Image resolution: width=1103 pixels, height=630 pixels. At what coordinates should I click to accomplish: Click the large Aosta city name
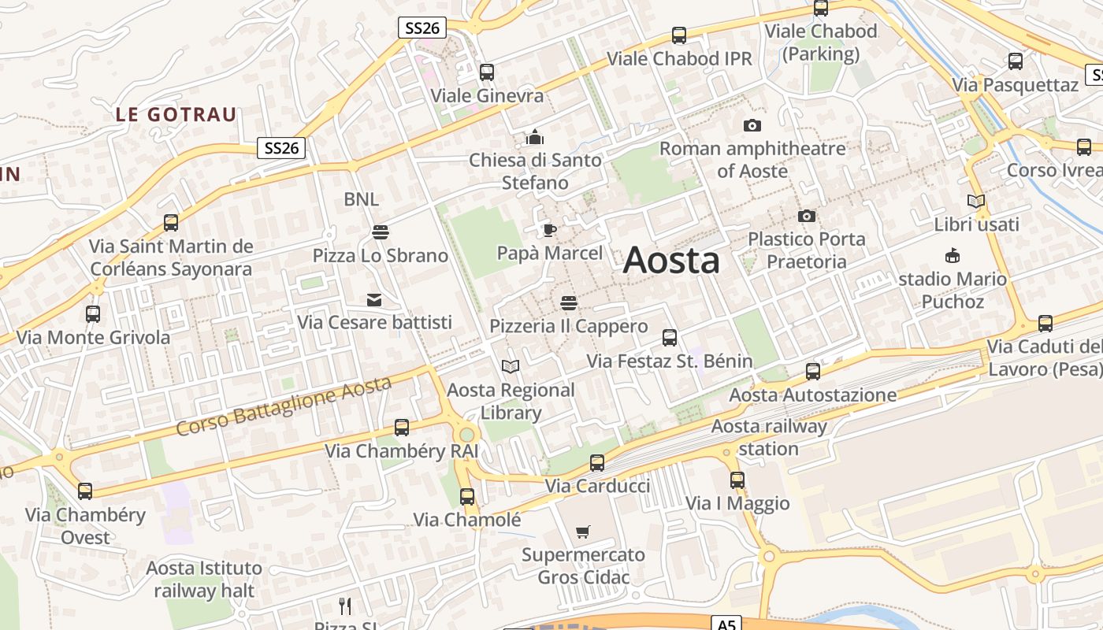pos(671,261)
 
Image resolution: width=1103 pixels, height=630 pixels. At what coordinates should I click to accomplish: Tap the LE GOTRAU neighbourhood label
pos(176,114)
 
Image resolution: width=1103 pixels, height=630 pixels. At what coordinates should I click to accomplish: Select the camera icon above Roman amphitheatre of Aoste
pos(752,125)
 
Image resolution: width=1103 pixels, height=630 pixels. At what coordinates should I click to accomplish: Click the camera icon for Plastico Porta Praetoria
pos(806,216)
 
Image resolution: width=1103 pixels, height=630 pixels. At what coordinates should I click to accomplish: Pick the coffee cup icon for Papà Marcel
pos(549,230)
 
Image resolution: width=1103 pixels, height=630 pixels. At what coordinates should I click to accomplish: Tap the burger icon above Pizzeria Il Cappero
pos(568,303)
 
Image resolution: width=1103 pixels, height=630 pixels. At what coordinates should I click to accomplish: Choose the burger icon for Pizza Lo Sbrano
pos(380,232)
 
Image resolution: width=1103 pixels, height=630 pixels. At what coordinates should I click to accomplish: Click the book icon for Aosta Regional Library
pos(511,366)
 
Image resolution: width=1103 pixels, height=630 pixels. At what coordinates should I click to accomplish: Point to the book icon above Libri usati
pos(976,202)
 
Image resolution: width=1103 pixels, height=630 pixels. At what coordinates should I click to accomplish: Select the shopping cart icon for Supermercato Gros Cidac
pos(583,532)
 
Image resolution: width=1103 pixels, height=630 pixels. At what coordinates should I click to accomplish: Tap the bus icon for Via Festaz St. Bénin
pos(670,338)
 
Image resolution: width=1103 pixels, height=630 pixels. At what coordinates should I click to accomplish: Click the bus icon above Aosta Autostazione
pos(813,372)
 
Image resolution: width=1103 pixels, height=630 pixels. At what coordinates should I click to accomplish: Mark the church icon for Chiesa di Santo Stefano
pos(535,138)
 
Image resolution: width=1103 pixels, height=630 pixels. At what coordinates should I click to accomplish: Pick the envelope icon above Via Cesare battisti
pos(374,299)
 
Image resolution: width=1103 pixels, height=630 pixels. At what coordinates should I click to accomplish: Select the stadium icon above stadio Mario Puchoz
pos(953,256)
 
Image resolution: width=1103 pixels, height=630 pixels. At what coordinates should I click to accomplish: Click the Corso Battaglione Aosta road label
pos(283,406)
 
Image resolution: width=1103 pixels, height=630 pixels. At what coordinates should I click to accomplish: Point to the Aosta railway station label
pos(769,438)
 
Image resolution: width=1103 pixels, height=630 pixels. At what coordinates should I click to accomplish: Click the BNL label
pos(361,199)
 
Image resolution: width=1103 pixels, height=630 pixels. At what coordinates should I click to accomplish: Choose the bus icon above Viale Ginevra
pos(487,72)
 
